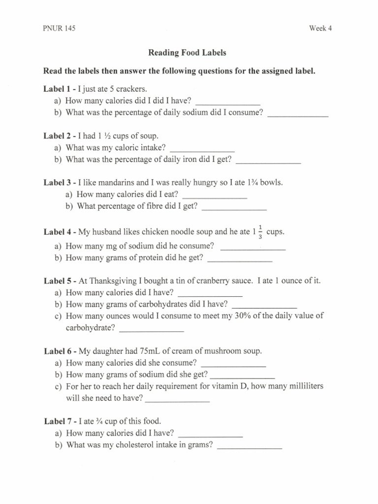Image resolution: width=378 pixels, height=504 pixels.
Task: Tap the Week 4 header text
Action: coord(320,28)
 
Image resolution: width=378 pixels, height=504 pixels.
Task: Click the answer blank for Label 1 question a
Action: coord(228,102)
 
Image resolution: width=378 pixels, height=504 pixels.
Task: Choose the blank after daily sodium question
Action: coord(297,114)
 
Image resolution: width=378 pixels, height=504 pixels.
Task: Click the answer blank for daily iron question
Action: coord(268,160)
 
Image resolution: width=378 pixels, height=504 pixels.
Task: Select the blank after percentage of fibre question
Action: coord(234,207)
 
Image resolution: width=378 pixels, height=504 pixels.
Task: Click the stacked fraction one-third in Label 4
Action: coord(260,231)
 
